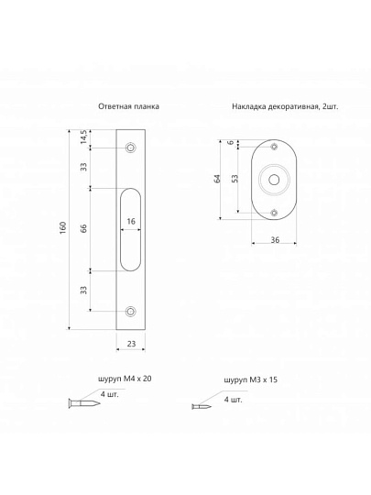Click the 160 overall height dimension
coord(63,227)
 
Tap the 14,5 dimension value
coord(83,137)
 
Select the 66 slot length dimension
coord(83,228)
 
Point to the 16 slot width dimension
coord(131,221)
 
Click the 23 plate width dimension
coord(131,344)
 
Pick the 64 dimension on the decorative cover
coord(217,179)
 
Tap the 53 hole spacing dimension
coord(235,179)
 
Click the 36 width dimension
coord(275,240)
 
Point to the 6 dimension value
coord(231,142)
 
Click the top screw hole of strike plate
coord(130,148)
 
